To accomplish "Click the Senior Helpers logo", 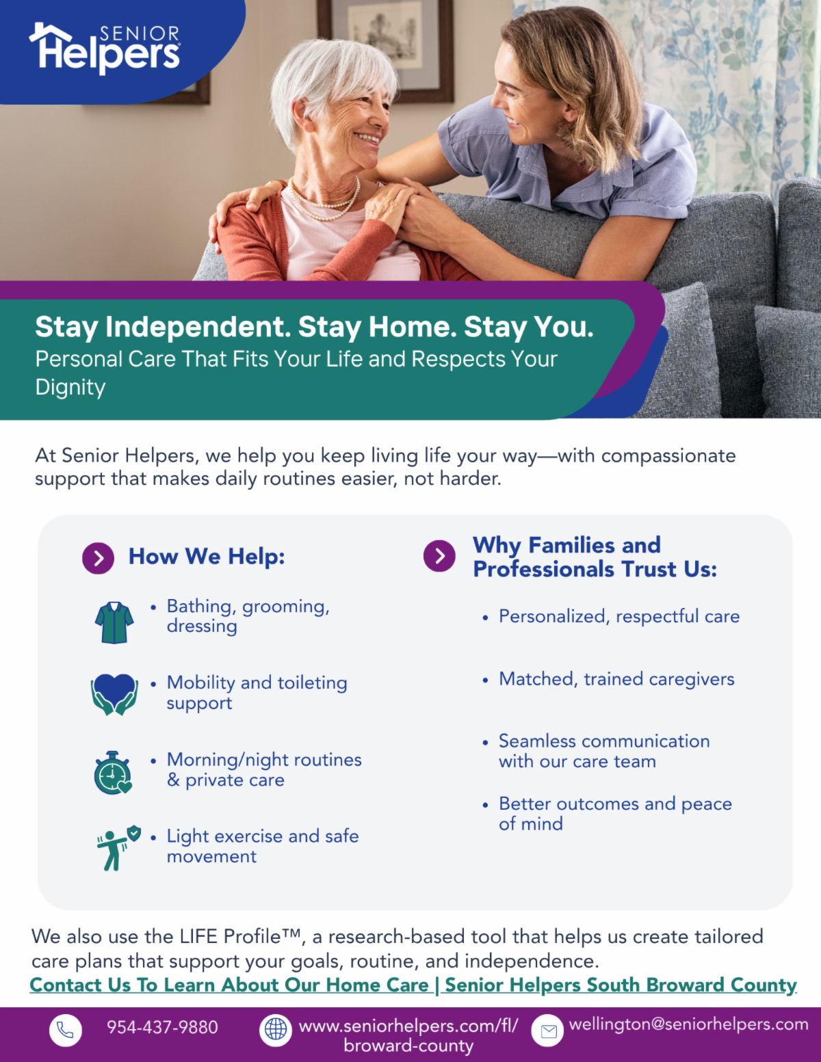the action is click(x=105, y=48).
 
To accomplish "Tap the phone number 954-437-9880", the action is click(x=162, y=1027).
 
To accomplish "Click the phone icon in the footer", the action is click(x=66, y=1030).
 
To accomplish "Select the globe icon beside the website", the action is click(x=275, y=1030).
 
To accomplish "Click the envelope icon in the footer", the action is click(x=547, y=1030).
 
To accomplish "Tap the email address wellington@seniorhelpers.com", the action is click(x=688, y=1024).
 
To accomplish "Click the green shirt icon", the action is click(x=114, y=622).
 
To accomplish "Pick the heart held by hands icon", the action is click(x=114, y=694).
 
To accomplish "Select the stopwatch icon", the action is click(x=113, y=773).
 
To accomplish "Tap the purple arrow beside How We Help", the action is click(x=99, y=558).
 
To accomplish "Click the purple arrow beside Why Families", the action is click(x=439, y=556).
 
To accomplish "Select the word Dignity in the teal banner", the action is click(x=70, y=388).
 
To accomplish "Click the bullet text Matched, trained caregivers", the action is click(x=616, y=679).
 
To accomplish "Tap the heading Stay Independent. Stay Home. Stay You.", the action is click(x=314, y=327).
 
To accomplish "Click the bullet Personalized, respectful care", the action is click(x=619, y=616).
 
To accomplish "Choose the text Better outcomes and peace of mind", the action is click(x=615, y=814).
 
